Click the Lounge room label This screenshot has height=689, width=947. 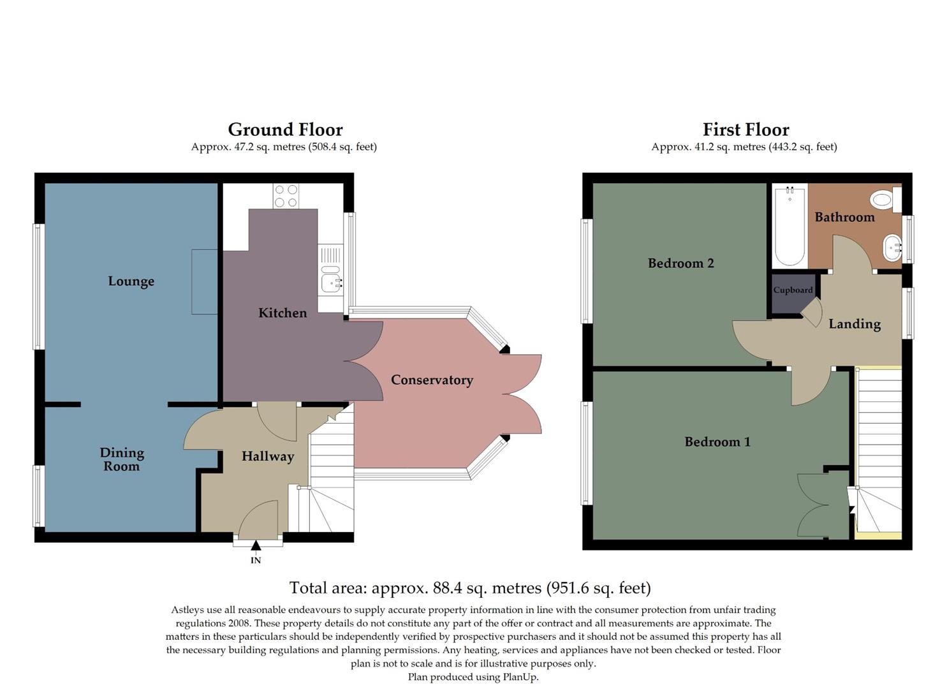(x=131, y=281)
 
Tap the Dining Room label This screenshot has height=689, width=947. (x=122, y=459)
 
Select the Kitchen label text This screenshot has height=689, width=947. (x=283, y=313)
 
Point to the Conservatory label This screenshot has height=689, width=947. (x=432, y=380)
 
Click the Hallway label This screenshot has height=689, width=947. (x=267, y=456)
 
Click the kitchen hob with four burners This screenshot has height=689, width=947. (x=286, y=196)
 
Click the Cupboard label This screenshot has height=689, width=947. (x=793, y=290)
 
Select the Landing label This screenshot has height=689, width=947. (x=855, y=324)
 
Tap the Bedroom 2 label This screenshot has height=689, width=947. (x=680, y=263)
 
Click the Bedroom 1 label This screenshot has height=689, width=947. (x=717, y=441)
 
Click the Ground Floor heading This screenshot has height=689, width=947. (x=285, y=130)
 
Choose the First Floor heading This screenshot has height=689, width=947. (x=745, y=130)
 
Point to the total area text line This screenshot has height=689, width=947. (x=470, y=588)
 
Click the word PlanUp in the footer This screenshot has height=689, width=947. (x=520, y=677)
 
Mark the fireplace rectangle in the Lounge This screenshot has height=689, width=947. (x=205, y=281)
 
